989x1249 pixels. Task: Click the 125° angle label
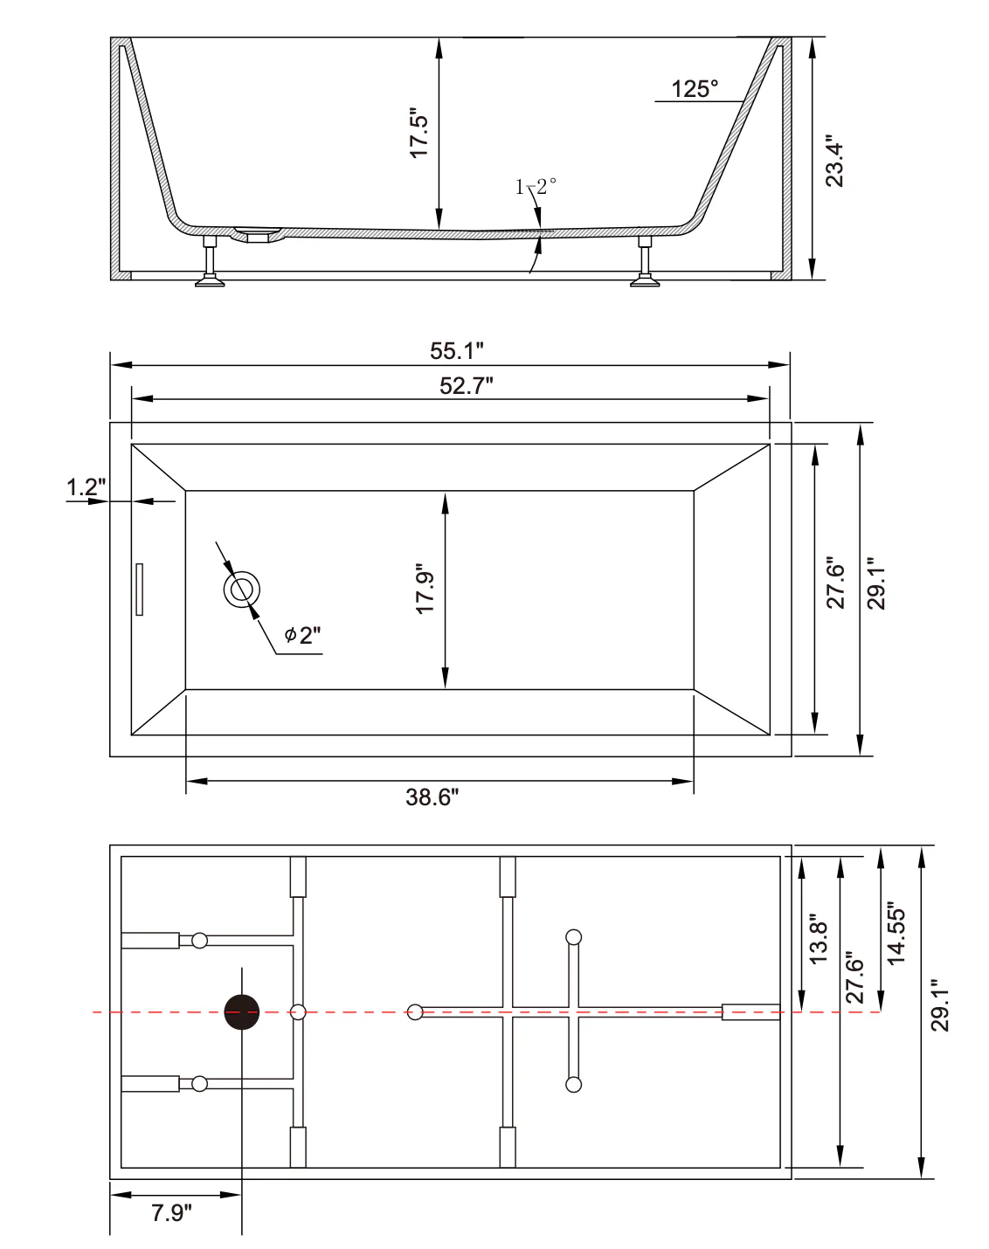[x=695, y=89]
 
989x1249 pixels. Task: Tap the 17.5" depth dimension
[x=418, y=133]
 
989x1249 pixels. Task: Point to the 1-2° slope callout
[x=536, y=186]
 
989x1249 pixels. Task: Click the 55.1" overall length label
[x=456, y=350]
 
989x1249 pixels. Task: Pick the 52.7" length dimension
[x=466, y=386]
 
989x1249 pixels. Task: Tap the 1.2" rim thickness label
[x=86, y=486]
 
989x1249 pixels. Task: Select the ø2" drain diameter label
[x=302, y=635]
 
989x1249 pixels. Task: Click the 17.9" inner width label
[x=425, y=589]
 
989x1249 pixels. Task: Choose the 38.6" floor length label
[x=432, y=797]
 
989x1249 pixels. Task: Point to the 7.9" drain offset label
[x=171, y=1212]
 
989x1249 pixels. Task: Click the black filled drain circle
[x=242, y=1012]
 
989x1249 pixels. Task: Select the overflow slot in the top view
[x=140, y=589]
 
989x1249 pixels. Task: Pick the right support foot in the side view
[x=645, y=261]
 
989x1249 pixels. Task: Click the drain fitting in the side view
[x=257, y=235]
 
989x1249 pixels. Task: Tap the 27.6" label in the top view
[x=835, y=583]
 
